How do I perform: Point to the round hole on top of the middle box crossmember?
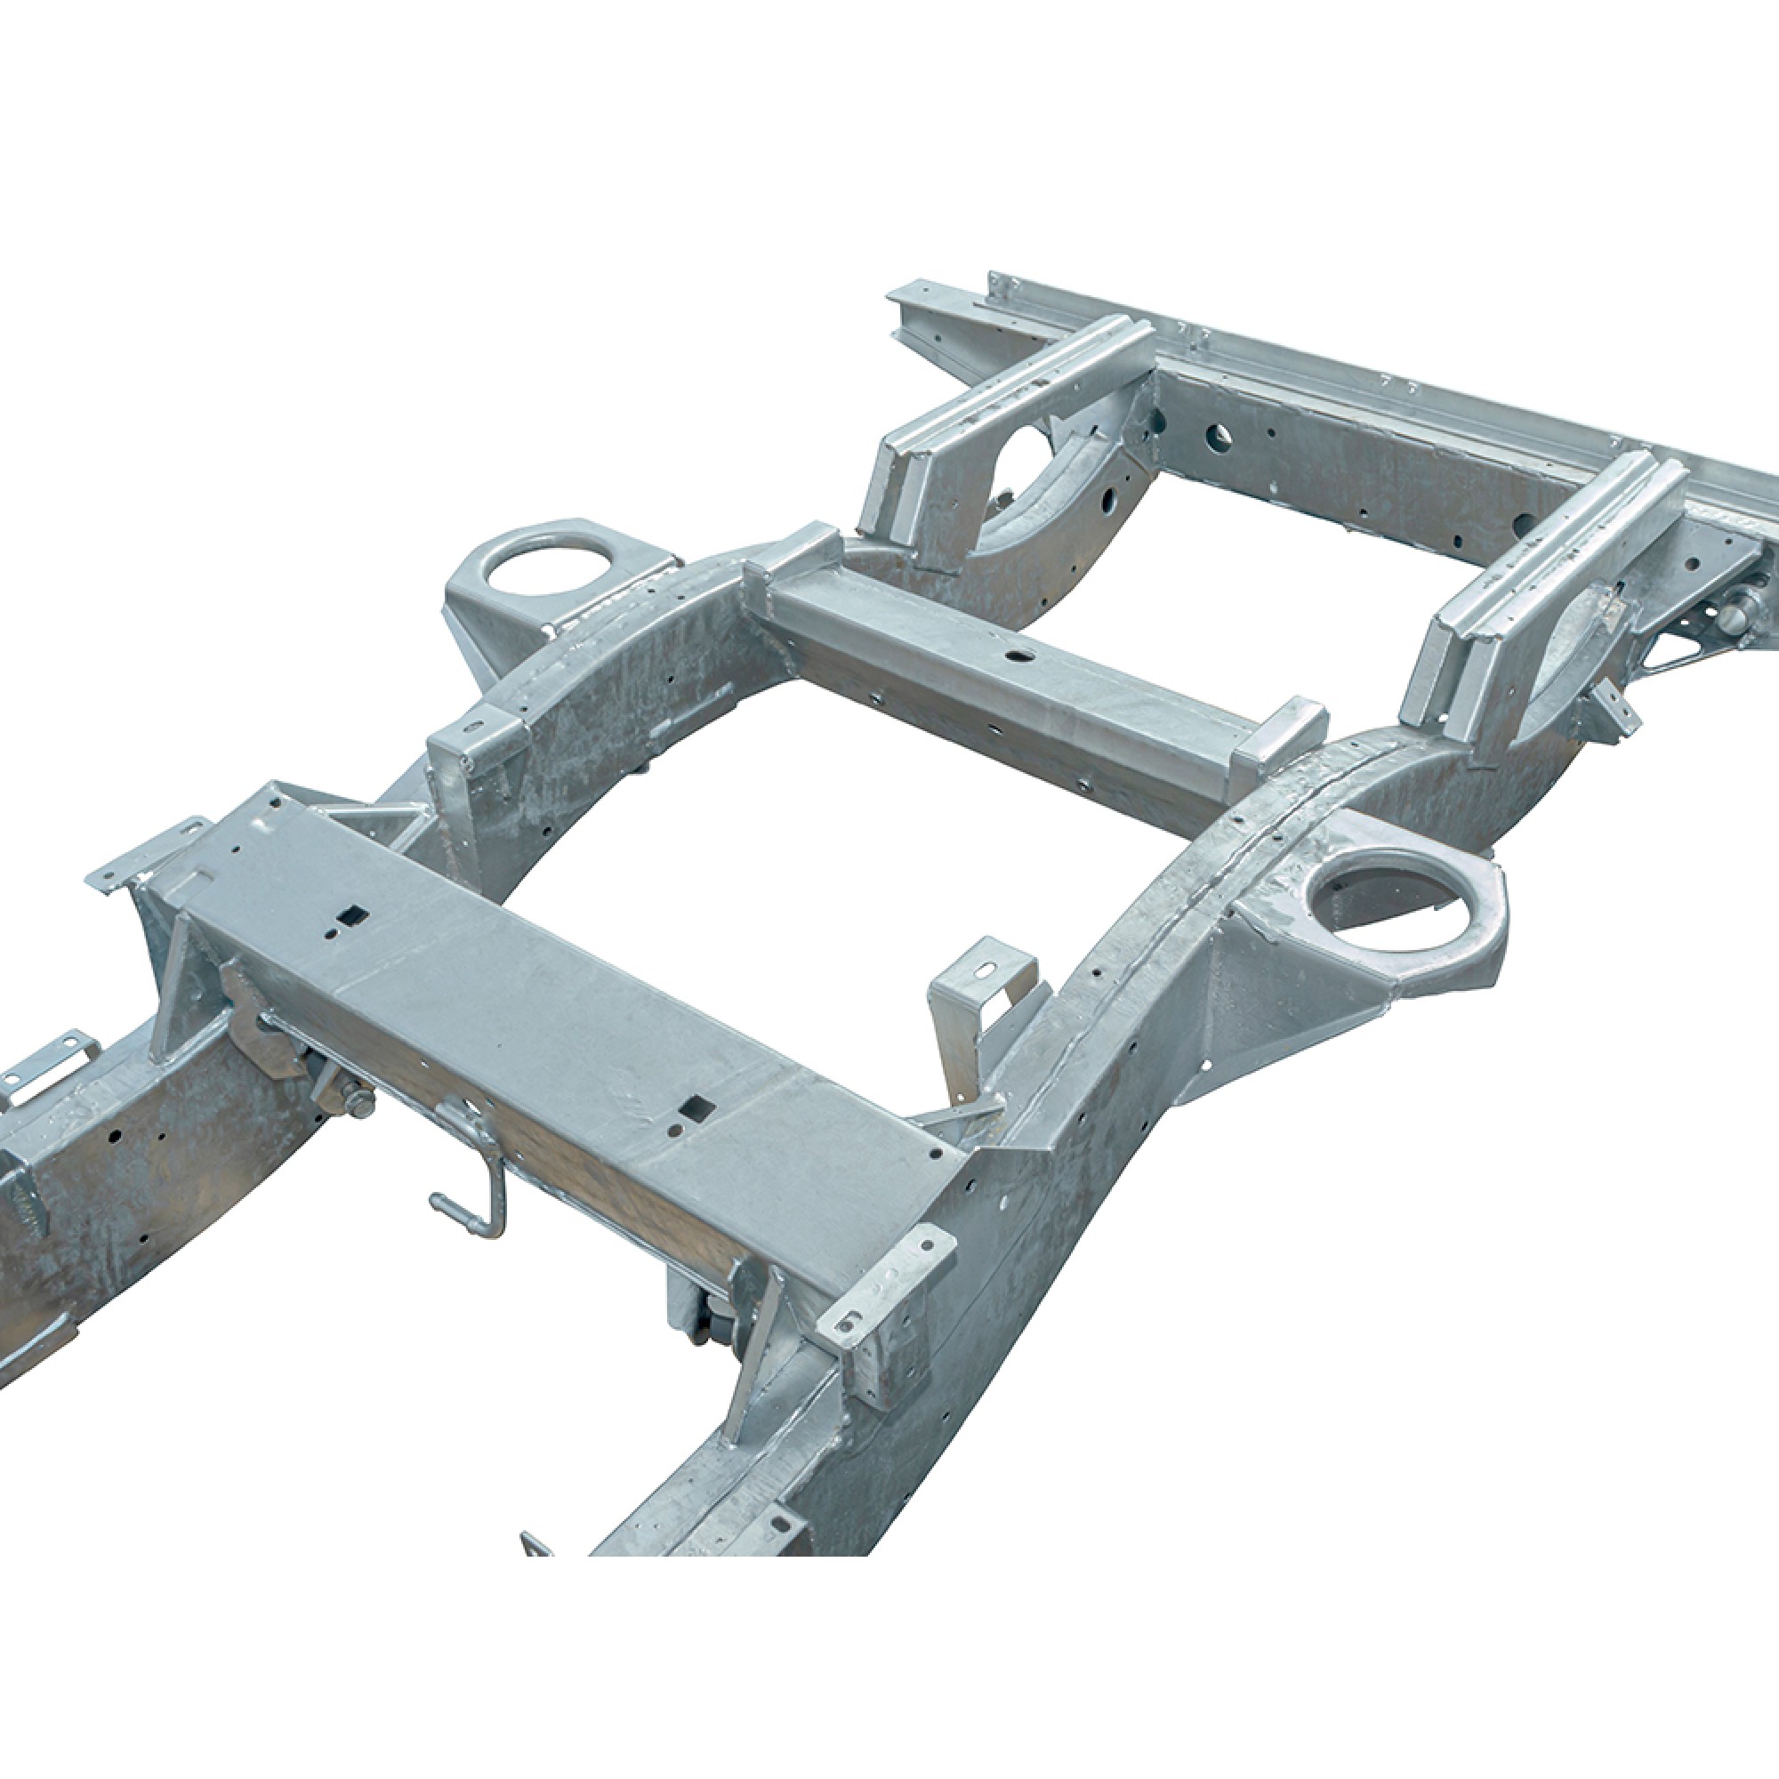(x=1017, y=656)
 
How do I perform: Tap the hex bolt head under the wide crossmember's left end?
(x=360, y=1103)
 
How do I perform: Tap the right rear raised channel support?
(x=1556, y=552)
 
